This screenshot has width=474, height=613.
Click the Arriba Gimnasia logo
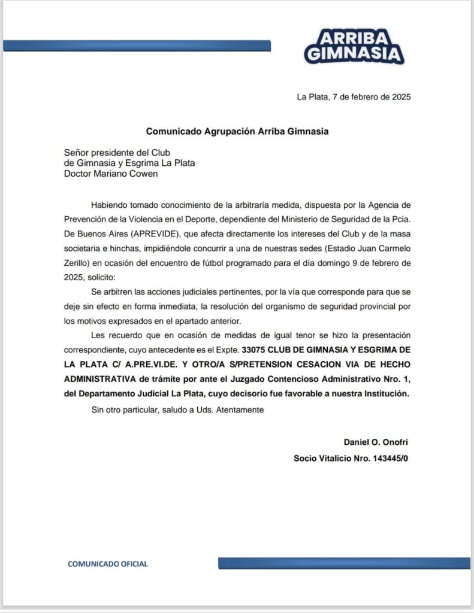click(354, 45)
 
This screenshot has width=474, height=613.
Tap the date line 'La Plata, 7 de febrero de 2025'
click(354, 96)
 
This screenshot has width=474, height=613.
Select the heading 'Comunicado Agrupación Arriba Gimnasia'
click(237, 131)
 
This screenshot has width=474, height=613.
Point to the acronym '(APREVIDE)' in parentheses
click(145, 231)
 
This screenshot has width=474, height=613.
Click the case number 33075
click(252, 348)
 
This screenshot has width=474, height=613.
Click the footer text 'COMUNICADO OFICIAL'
click(107, 563)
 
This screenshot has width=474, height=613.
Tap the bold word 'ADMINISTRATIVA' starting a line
click(99, 378)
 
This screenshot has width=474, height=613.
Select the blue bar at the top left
click(137, 45)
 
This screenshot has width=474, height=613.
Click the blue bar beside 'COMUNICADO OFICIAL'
click(344, 563)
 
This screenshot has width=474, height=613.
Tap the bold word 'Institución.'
click(385, 393)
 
